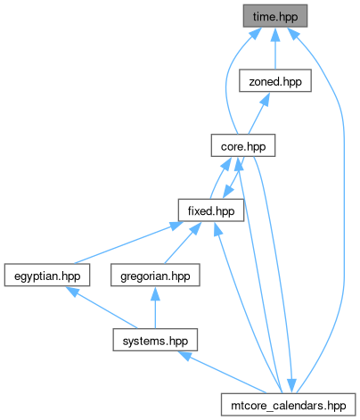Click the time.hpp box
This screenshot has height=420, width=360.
click(275, 16)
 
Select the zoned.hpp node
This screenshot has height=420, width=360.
click(275, 81)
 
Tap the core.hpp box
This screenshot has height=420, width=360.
click(243, 145)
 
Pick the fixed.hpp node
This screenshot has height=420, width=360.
click(211, 210)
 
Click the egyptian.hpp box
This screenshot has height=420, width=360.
click(47, 276)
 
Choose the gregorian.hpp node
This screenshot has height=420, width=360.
click(155, 276)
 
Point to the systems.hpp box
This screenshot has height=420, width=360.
click(155, 340)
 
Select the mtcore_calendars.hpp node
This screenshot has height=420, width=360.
click(288, 405)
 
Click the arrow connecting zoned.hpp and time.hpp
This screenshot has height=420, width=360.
click(275, 48)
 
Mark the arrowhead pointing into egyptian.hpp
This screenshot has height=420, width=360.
click(72, 292)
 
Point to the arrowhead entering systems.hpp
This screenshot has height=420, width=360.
click(184, 356)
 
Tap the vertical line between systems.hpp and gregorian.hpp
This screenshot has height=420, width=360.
click(155, 308)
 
